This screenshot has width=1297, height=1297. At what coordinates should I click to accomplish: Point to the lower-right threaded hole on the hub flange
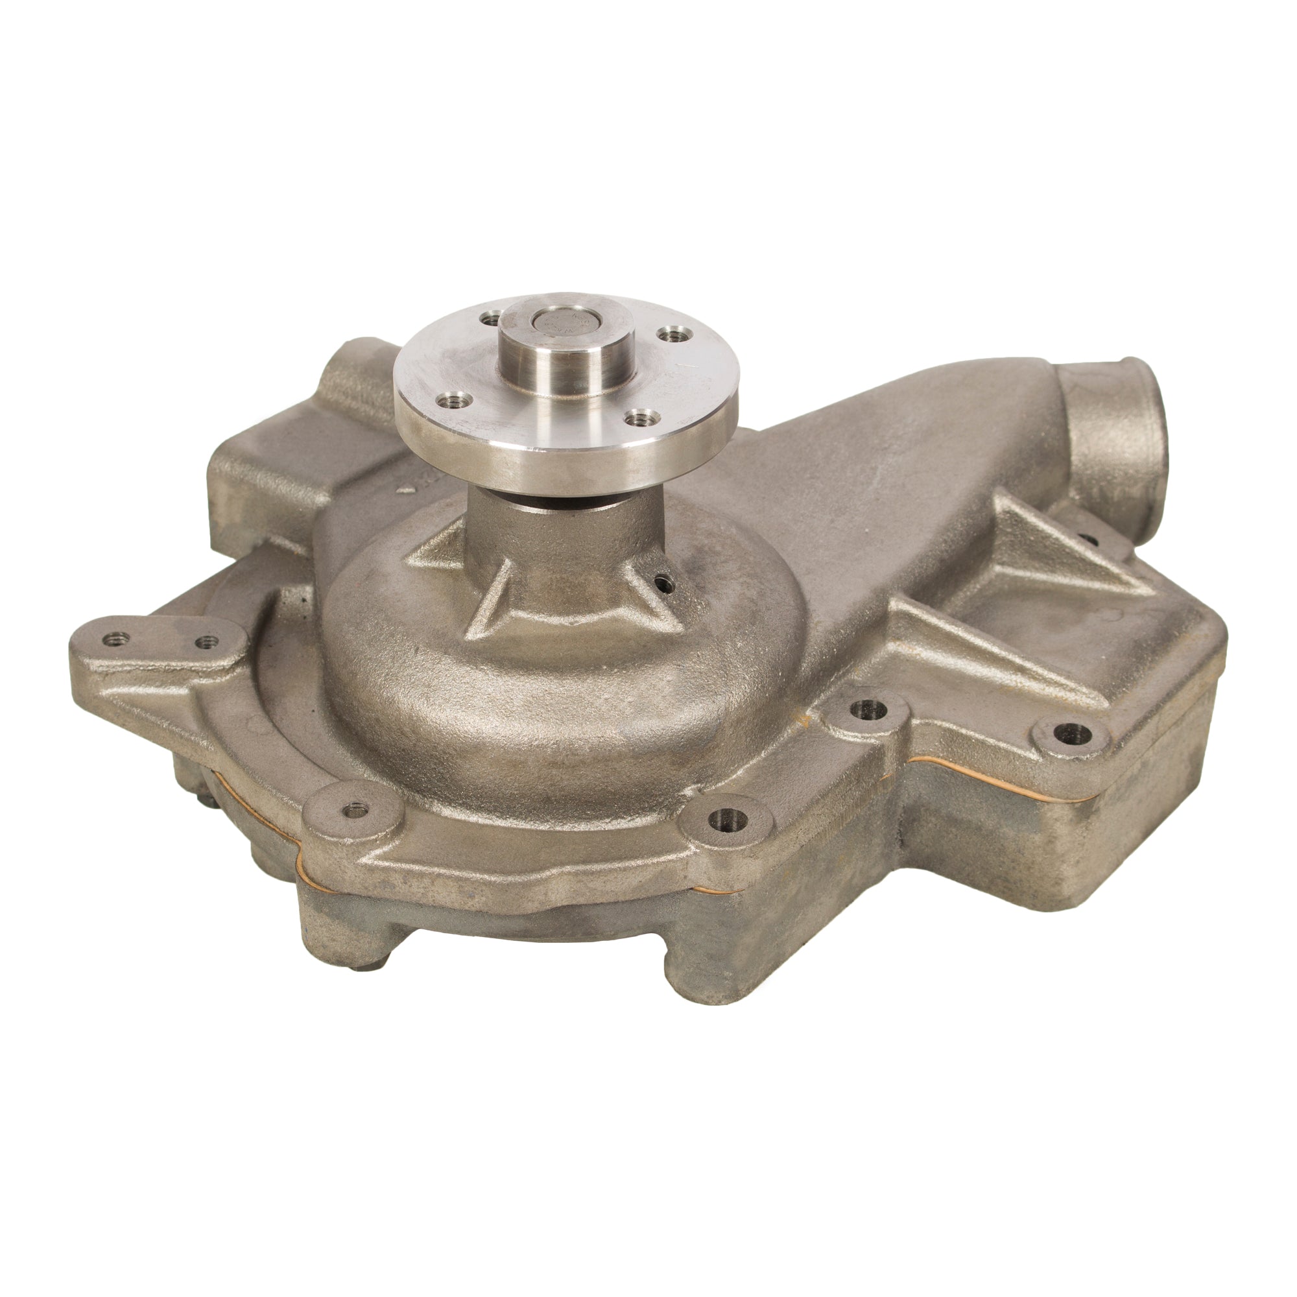634,419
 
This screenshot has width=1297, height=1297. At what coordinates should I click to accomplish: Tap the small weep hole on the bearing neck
665,584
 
